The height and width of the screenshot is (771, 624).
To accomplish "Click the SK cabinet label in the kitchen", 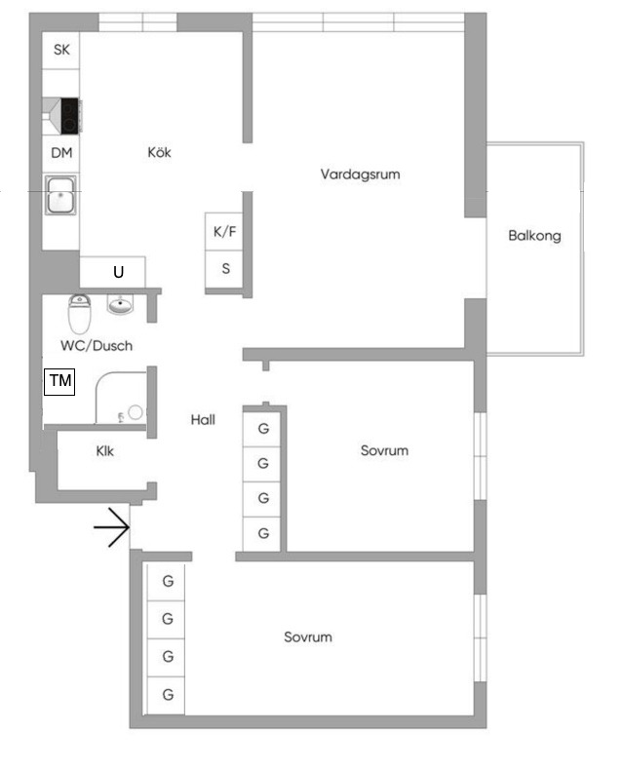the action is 61,50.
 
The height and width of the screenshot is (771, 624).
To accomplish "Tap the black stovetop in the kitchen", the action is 69,116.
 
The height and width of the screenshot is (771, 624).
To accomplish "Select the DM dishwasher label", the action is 61,153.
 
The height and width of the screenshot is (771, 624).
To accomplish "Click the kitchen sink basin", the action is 61,195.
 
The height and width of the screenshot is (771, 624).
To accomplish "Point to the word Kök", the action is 159,152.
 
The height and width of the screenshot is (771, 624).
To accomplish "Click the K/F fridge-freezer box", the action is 223,232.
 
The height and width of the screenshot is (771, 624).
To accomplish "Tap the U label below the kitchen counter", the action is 119,272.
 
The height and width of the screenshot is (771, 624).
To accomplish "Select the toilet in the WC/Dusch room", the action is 79,314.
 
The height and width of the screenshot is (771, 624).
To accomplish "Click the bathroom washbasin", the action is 121,304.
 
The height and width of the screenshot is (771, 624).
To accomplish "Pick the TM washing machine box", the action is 59,381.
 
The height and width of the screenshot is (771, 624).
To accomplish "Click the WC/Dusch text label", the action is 97,346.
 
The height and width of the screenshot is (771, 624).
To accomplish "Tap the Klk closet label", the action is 104,451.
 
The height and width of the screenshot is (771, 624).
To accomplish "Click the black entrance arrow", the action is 111,527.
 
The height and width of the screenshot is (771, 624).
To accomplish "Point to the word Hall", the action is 203,419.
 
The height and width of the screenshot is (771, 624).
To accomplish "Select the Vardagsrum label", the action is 360,174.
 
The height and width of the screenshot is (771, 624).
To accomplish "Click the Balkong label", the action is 534,236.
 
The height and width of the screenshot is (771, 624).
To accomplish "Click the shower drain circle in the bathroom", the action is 136,412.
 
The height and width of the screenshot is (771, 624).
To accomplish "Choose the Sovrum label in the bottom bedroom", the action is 308,637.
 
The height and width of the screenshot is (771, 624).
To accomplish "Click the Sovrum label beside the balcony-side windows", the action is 384,450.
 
